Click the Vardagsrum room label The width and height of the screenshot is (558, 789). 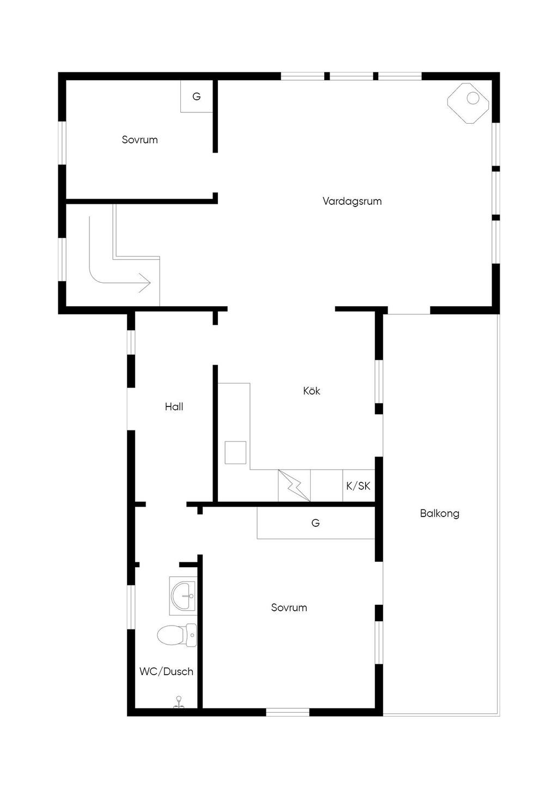point(352,202)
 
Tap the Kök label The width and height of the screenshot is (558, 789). point(311,391)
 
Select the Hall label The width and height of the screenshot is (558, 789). point(174,407)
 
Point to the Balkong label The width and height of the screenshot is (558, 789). point(440,513)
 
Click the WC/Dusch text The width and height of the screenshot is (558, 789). point(166,671)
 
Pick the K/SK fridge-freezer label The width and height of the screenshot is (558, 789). point(358,486)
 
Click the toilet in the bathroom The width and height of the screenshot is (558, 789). point(177,635)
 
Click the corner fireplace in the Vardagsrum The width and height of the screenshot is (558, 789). point(468,104)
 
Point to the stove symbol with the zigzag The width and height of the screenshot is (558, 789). point(294,485)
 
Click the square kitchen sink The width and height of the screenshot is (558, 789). point(235,453)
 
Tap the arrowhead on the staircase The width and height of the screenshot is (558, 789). point(145,282)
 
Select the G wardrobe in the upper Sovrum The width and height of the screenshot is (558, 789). point(197,96)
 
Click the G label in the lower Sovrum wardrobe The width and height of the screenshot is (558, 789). point(316,523)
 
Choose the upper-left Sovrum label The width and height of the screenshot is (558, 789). point(139,140)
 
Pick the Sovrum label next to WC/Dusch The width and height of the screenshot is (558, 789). point(289,608)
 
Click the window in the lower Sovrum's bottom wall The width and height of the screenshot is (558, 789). point(288,713)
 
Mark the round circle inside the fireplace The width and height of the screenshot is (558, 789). point(473,98)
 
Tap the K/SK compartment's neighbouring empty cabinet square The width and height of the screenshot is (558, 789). point(326,485)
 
